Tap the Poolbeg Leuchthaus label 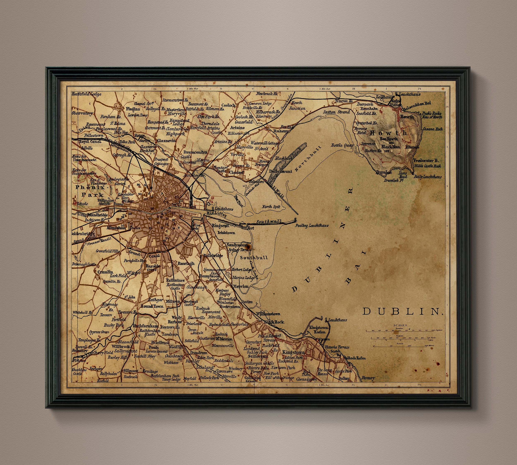pyautogui.click(x=312, y=226)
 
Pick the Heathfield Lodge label pyautogui.click(x=86, y=94)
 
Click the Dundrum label pyautogui.click(x=199, y=353)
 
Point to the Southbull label pyautogui.click(x=254, y=258)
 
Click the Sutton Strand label pyautogui.click(x=336, y=112)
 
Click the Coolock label pyautogui.click(x=229, y=105)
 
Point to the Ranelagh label pyautogui.click(x=186, y=263)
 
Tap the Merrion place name pyautogui.click(x=240, y=286)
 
